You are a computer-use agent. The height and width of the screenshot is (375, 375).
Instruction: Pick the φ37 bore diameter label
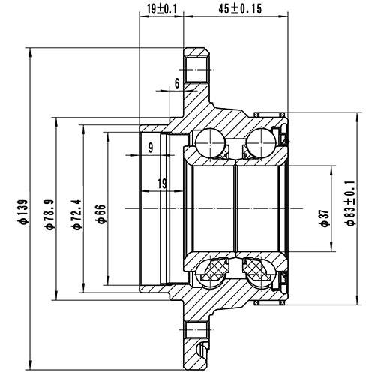click(324, 218)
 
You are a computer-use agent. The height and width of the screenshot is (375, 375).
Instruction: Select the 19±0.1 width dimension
click(162, 9)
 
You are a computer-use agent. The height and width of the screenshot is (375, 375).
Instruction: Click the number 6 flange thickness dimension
click(176, 82)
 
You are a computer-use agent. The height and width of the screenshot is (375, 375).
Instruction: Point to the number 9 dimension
click(151, 148)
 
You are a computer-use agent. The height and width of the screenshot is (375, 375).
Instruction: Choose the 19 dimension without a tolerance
click(163, 183)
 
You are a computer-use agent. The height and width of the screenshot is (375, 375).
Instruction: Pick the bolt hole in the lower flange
click(196, 329)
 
